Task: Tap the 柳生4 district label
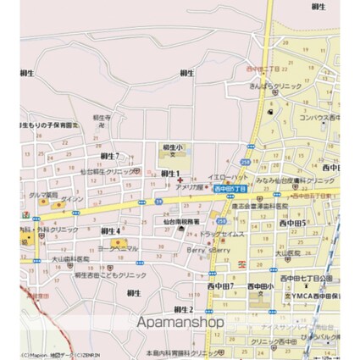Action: (111, 230)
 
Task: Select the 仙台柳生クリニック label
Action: (108, 171)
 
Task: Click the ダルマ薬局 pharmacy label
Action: (43, 194)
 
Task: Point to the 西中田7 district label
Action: (221, 288)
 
